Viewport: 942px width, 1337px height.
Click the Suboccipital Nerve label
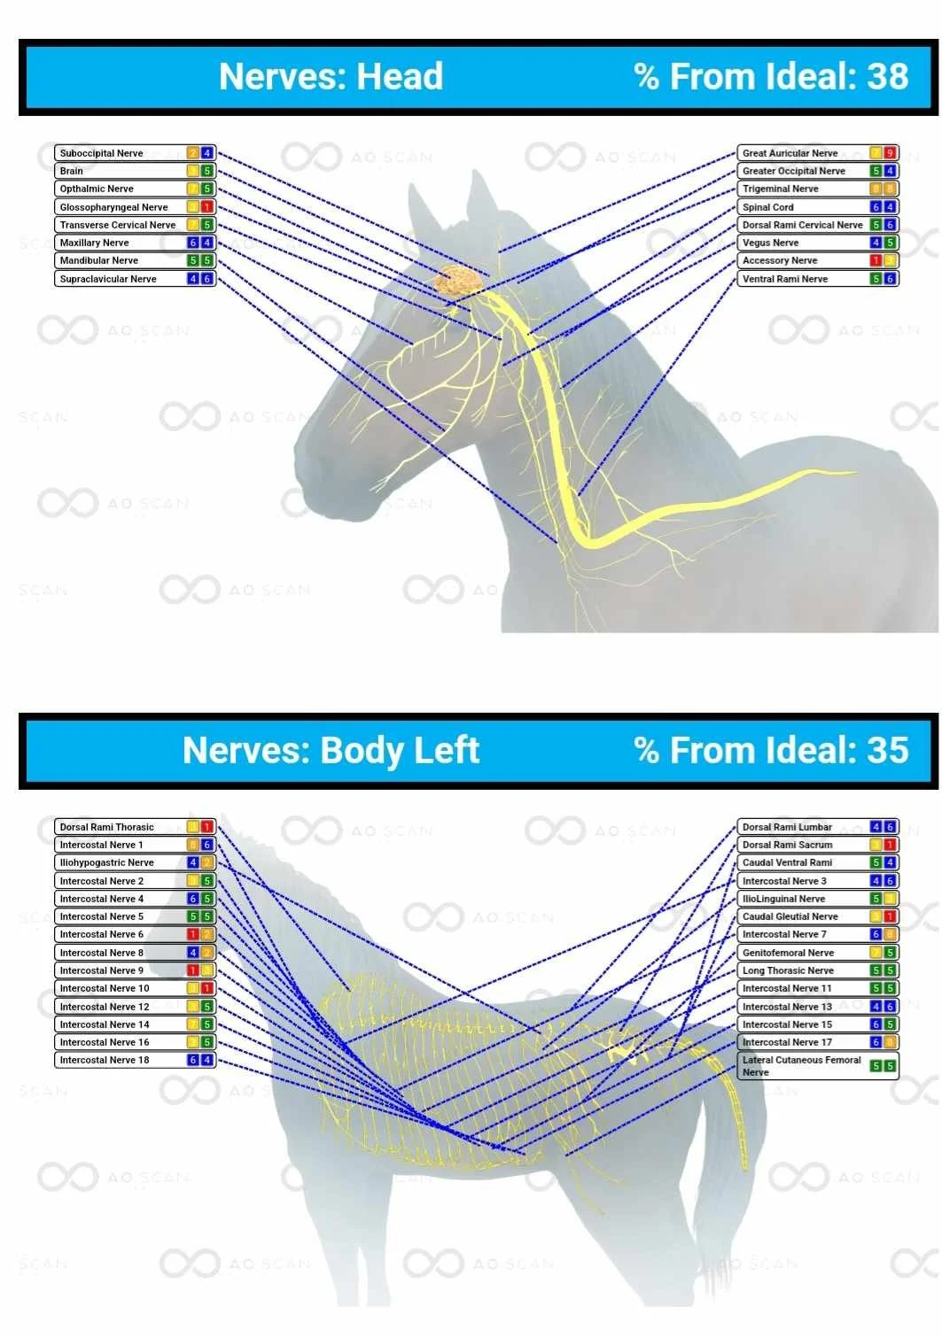pyautogui.click(x=101, y=153)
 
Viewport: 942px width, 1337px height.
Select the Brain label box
pyautogui.click(x=72, y=171)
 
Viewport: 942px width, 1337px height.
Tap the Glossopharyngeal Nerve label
pyautogui.click(x=113, y=207)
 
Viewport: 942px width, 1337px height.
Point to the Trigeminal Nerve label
pyautogui.click(x=780, y=189)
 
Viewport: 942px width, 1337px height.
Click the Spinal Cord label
pyautogui.click(x=767, y=207)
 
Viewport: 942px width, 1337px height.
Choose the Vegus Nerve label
pyautogui.click(x=770, y=243)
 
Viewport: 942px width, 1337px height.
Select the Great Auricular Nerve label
pyautogui.click(x=790, y=153)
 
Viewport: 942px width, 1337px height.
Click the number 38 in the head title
pyautogui.click(x=887, y=76)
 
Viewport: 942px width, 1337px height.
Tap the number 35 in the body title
pyautogui.click(x=887, y=750)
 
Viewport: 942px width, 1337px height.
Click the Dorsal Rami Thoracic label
pyautogui.click(x=106, y=827)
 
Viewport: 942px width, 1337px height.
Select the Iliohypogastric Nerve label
pyautogui.click(x=106, y=862)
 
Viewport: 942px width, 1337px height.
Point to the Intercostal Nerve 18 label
pyautogui.click(x=105, y=1060)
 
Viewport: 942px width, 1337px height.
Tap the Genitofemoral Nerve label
pyautogui.click(x=788, y=953)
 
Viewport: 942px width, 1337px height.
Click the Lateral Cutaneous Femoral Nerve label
pyautogui.click(x=800, y=1065)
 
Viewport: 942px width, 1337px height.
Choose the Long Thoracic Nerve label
pyautogui.click(x=788, y=970)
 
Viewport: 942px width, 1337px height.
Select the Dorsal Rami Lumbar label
pyautogui.click(x=787, y=827)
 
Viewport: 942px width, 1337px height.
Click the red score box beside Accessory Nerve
pyautogui.click(x=876, y=260)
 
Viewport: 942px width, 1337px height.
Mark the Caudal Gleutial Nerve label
pyautogui.click(x=790, y=916)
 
